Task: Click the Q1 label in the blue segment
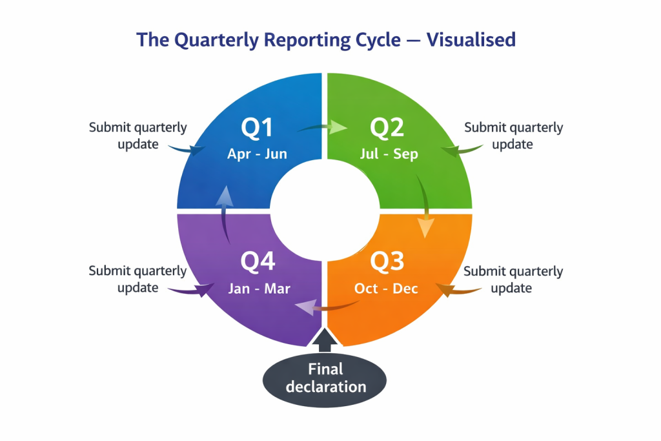tap(256, 128)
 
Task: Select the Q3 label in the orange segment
tap(387, 262)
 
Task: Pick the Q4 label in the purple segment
tap(258, 262)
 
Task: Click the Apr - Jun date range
tap(257, 154)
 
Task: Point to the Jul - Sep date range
tap(388, 154)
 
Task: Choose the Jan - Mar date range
tap(259, 288)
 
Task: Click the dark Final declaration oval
tap(325, 378)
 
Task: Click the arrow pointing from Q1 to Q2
tap(321, 128)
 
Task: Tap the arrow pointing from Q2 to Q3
tap(423, 208)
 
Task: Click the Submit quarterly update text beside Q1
tap(137, 136)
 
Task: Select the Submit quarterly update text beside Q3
tap(513, 279)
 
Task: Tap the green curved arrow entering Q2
tap(462, 151)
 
